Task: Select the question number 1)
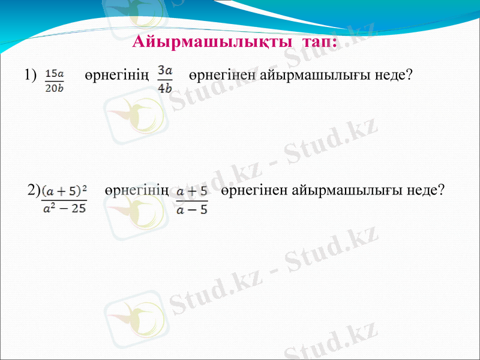[x=31, y=75]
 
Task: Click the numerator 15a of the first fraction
[x=55, y=73]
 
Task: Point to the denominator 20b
[x=55, y=88]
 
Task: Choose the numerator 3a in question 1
[x=164, y=71]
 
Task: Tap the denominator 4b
[x=164, y=87]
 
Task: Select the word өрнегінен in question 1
[x=221, y=76]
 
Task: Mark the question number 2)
[x=34, y=191]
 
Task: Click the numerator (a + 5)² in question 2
[x=64, y=191]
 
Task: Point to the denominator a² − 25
[x=64, y=209]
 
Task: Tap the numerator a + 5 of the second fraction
[x=192, y=191]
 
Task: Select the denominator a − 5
[x=192, y=209]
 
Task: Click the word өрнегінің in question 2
[x=136, y=191]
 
